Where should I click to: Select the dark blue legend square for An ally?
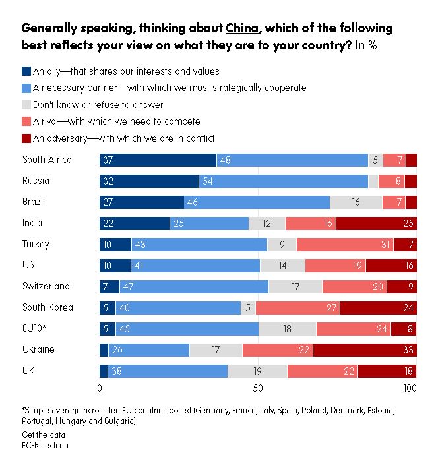[x=26, y=71]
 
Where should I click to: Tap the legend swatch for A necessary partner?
[x=26, y=88]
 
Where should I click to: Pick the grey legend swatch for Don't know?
[x=26, y=105]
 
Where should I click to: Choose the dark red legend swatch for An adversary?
[x=26, y=138]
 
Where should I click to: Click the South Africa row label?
[x=47, y=160]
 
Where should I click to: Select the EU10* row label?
[x=34, y=328]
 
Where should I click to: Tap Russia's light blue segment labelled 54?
[x=283, y=181]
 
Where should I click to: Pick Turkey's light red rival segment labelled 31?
[x=345, y=244]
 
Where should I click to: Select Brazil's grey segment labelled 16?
[x=356, y=202]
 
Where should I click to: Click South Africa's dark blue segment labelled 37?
[x=158, y=160]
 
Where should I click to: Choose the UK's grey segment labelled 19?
[x=257, y=371]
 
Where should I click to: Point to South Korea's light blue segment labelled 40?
[x=178, y=307]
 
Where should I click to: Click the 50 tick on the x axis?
[x=258, y=388]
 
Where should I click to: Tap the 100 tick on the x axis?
[x=410, y=388]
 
